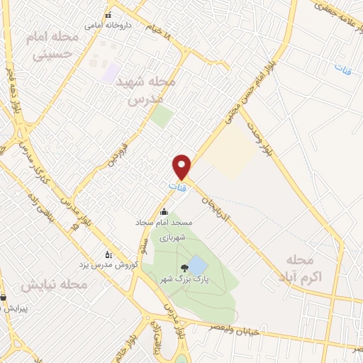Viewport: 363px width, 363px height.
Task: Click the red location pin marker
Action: pyautogui.click(x=182, y=166)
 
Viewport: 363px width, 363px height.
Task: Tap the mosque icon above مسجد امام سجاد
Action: pyautogui.click(x=164, y=211)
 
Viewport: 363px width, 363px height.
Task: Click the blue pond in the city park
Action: pyautogui.click(x=198, y=266)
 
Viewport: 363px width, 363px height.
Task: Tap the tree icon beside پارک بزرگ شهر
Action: pyautogui.click(x=185, y=268)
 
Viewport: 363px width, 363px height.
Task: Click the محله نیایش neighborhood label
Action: pyautogui.click(x=53, y=284)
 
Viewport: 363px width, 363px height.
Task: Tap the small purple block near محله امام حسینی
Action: pyautogui.click(x=111, y=72)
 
